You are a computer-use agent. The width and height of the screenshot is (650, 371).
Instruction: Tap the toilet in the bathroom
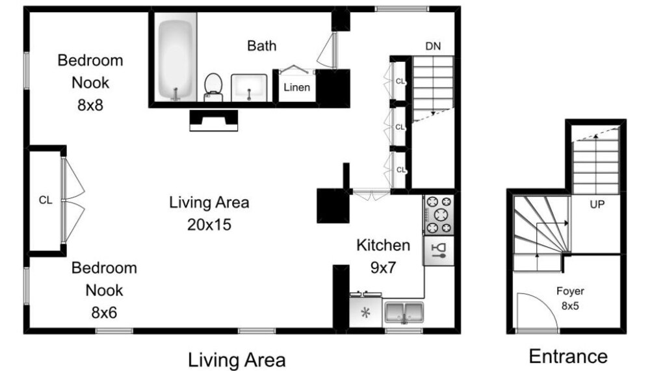[213, 87]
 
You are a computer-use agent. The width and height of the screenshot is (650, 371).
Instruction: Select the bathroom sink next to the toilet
[249, 88]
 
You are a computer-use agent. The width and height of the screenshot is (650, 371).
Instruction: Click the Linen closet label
[297, 88]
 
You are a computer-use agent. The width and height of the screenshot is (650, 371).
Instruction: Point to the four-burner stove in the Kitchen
[439, 215]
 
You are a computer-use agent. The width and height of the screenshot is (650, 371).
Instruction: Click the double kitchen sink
[404, 313]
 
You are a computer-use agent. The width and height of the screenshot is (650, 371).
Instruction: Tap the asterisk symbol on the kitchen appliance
[365, 313]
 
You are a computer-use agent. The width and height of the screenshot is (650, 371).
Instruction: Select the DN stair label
[433, 46]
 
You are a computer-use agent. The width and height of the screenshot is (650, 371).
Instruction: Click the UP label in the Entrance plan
[597, 205]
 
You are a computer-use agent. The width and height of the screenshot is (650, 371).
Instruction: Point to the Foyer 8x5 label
[571, 298]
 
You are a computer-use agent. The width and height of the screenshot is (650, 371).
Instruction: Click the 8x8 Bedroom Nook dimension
[90, 105]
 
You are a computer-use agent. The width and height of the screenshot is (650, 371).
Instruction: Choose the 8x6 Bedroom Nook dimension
[104, 313]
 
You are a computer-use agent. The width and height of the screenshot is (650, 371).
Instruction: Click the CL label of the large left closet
[45, 200]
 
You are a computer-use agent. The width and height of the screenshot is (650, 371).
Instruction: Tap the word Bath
[261, 45]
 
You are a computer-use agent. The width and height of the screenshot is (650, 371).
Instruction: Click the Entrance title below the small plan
[568, 357]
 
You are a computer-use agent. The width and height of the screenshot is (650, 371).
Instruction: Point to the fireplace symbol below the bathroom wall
[213, 120]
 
